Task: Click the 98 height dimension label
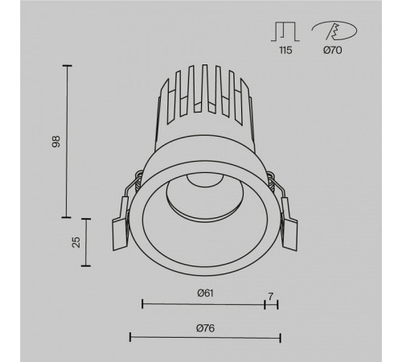click(56, 142)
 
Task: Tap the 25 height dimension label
click(76, 242)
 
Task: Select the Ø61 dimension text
click(206, 293)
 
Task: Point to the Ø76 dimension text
click(205, 328)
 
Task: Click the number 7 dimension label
click(271, 297)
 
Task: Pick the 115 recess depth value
click(285, 50)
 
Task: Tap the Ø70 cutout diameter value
click(333, 50)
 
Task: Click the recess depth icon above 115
click(285, 31)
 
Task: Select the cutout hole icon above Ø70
click(334, 31)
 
